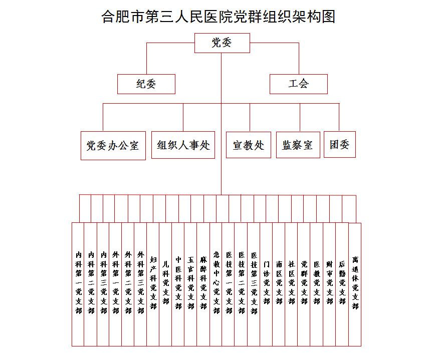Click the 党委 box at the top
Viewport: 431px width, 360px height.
point(222,43)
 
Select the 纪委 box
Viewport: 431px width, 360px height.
point(146,84)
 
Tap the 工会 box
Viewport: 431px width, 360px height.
point(299,84)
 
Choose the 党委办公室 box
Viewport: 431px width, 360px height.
point(113,146)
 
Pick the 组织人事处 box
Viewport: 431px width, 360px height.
point(183,145)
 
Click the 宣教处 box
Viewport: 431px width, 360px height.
point(249,145)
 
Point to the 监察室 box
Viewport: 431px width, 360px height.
point(298,145)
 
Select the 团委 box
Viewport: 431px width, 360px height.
point(340,144)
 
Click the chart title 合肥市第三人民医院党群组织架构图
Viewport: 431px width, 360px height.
point(218,17)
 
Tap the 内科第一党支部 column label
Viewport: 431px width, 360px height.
point(79,283)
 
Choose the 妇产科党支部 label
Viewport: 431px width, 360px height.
point(153,283)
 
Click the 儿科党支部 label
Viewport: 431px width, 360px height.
point(166,283)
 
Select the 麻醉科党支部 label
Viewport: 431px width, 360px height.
point(203,283)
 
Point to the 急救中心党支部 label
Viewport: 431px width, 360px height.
point(217,283)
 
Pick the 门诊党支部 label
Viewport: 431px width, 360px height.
point(266,283)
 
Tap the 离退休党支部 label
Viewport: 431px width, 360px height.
point(355,283)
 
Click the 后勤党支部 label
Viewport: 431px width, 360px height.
point(342,283)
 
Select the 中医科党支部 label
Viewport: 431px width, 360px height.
point(178,283)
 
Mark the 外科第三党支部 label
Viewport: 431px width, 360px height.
point(141,283)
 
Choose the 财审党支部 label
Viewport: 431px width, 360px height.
point(329,283)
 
